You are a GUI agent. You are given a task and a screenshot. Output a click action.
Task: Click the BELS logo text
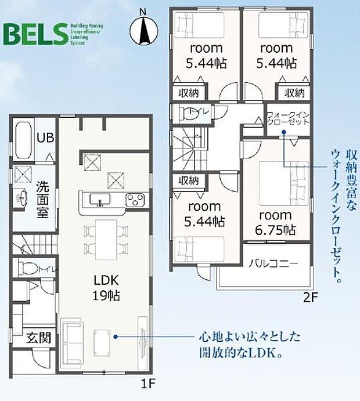pyautogui.click(x=35, y=35)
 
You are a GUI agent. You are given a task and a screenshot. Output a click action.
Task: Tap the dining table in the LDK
pyautogui.click(x=106, y=238)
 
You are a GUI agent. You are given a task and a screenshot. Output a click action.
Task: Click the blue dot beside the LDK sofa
pyautogui.click(x=116, y=336)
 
